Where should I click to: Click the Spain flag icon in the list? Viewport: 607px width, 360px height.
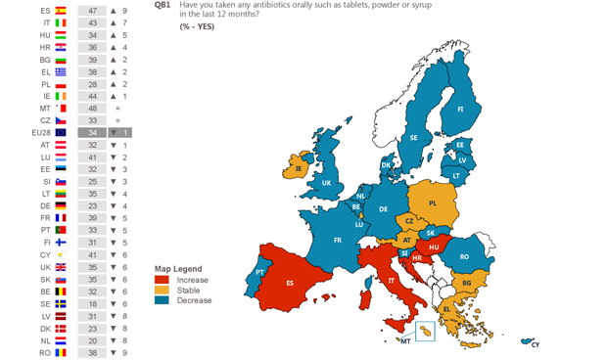pyautogui.click(x=61, y=10)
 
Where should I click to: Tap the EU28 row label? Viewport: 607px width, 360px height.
pyautogui.click(x=41, y=132)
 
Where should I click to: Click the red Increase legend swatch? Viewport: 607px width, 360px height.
pyautogui.click(x=162, y=280)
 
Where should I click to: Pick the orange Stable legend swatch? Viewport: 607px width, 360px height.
pyautogui.click(x=162, y=291)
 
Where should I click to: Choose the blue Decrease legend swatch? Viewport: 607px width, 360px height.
pyautogui.click(x=162, y=301)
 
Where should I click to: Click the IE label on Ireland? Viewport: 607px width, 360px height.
pyautogui.click(x=299, y=168)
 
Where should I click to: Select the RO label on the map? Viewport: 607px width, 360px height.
pyautogui.click(x=464, y=256)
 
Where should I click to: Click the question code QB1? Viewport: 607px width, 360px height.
pyautogui.click(x=163, y=5)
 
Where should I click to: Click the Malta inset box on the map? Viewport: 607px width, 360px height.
pyautogui.click(x=424, y=332)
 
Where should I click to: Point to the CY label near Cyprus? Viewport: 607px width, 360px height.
pyautogui.click(x=535, y=344)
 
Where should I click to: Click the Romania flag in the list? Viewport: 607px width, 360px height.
pyautogui.click(x=61, y=352)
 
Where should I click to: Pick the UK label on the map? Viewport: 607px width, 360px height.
pyautogui.click(x=327, y=183)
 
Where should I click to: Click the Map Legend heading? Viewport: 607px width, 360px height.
pyautogui.click(x=178, y=268)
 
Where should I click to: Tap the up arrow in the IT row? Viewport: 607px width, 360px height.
pyautogui.click(x=113, y=22)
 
